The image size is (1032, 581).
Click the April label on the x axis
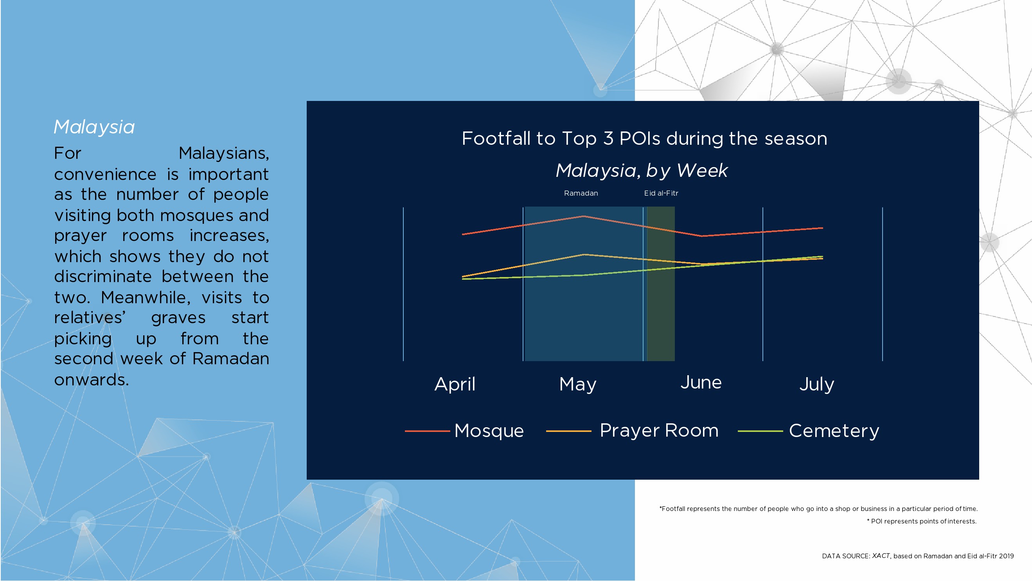pyautogui.click(x=455, y=384)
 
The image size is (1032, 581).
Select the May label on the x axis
pyautogui.click(x=578, y=384)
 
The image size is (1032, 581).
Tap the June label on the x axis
pyautogui.click(x=701, y=383)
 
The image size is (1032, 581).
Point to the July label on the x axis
pyautogui.click(x=817, y=384)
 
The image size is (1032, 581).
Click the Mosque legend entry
pyautogui.click(x=465, y=431)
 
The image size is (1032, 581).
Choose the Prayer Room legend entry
pyautogui.click(x=632, y=431)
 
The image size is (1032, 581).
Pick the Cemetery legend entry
pyautogui.click(x=809, y=431)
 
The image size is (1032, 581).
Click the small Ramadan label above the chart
pyautogui.click(x=581, y=193)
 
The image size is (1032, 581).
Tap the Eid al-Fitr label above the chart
pyautogui.click(x=661, y=193)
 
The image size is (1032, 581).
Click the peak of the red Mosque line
pyautogui.click(x=584, y=216)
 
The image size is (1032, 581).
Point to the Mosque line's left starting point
pyautogui.click(x=462, y=234)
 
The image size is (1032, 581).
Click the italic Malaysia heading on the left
pyautogui.click(x=94, y=128)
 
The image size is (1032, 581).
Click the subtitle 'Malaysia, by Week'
pyautogui.click(x=642, y=171)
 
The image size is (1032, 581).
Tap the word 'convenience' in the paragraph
pyautogui.click(x=105, y=174)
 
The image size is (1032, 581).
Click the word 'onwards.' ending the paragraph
pyautogui.click(x=92, y=380)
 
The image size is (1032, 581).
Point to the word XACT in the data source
pyautogui.click(x=881, y=556)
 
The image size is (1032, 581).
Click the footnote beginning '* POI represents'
pyautogui.click(x=922, y=521)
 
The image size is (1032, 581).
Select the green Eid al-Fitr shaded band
pyautogui.click(x=661, y=284)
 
